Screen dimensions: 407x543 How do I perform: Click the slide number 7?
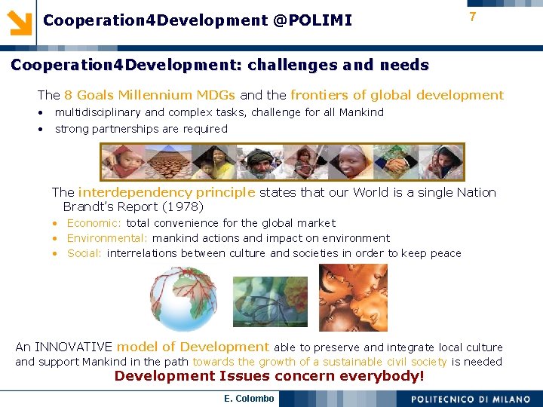pos(472,17)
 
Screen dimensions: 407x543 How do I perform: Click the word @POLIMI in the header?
pos(313,20)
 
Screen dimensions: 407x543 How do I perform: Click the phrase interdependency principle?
pos(167,192)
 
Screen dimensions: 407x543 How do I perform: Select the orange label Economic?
pos(94,223)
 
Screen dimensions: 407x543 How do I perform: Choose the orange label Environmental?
pos(108,238)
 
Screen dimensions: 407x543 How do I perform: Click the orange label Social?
pos(84,253)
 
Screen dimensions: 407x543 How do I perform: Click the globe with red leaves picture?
pos(186,299)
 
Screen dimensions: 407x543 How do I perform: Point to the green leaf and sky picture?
pos(269,301)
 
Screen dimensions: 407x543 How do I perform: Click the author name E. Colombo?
pos(249,398)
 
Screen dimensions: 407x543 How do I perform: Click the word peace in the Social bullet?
pos(445,253)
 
